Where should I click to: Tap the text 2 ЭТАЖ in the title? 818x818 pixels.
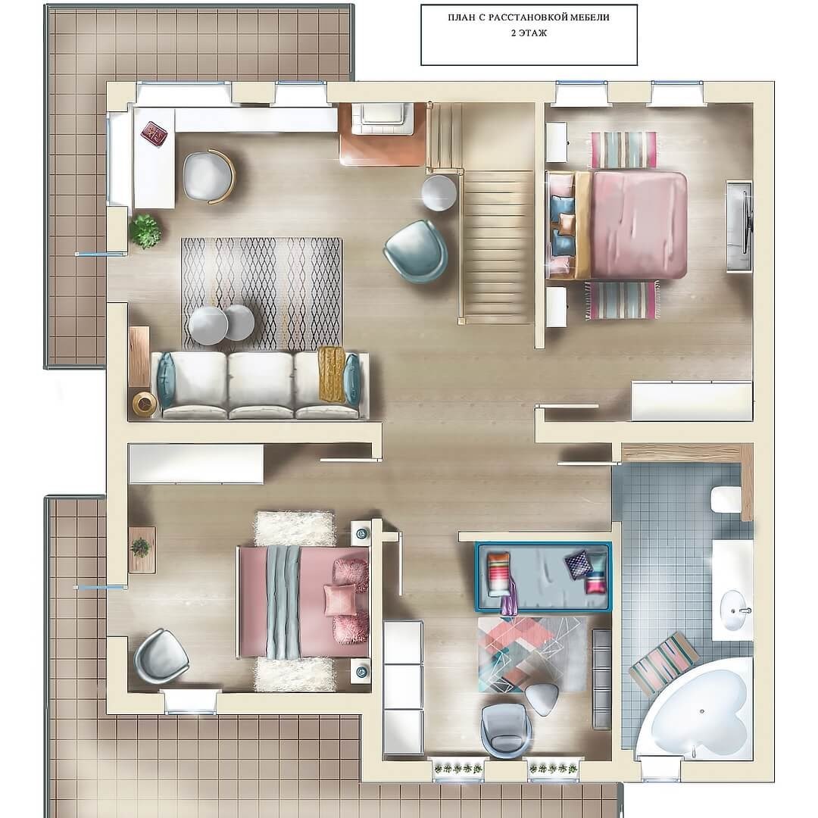[x=529, y=33]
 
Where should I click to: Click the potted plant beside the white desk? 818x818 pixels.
[x=145, y=230]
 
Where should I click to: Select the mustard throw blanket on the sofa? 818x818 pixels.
[x=331, y=374]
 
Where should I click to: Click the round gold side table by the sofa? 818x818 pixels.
[x=145, y=404]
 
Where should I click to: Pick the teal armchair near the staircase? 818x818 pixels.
[x=417, y=251]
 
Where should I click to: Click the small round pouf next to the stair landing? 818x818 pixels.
[x=439, y=192]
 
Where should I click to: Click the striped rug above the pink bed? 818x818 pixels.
[x=623, y=150]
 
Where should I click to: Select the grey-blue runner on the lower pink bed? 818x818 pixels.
[x=283, y=601]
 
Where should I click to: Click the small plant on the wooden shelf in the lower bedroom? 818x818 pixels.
[x=140, y=548]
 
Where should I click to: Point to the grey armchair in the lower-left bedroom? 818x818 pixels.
[x=161, y=657]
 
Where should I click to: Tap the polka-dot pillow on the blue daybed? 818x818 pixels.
[x=579, y=564]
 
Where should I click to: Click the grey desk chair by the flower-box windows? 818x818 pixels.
[x=506, y=729]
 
